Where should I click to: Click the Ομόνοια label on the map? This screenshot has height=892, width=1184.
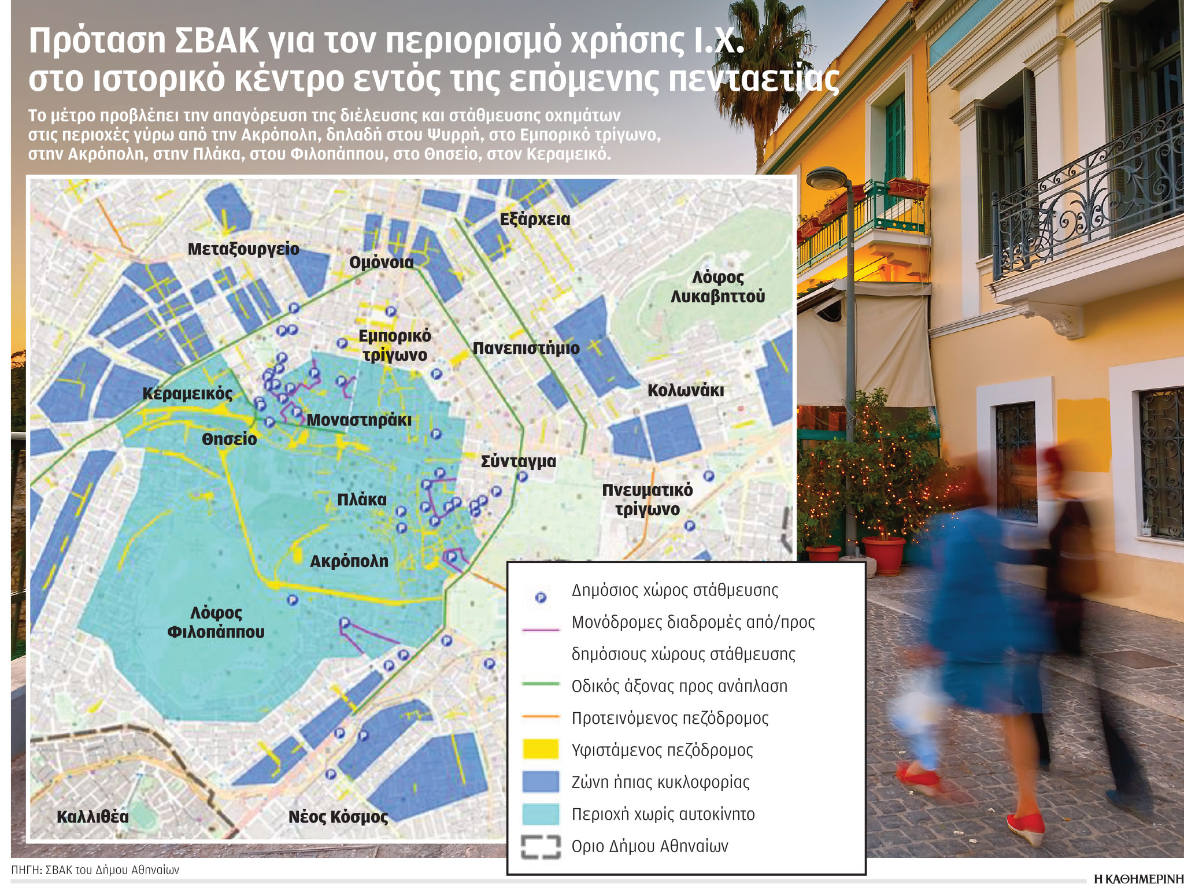coord(382,262)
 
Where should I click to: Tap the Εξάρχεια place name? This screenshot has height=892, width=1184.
coord(535,220)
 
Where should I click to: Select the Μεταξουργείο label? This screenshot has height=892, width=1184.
coord(243,249)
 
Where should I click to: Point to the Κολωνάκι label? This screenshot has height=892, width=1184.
coord(686,390)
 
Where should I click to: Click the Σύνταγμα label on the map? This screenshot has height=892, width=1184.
coord(519,461)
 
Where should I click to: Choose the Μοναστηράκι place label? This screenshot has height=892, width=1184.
coord(358,420)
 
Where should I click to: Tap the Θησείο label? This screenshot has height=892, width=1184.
coord(229,439)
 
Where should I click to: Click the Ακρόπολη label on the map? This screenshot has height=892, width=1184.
coord(349,561)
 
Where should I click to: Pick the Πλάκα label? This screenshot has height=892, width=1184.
coord(362,499)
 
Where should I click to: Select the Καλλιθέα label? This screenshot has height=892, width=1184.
coord(92,817)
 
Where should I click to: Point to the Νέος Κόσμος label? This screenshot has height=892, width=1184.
coord(338,817)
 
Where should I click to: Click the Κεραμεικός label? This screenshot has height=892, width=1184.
coord(187,394)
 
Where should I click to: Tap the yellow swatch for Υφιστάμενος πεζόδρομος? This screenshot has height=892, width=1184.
coord(541,750)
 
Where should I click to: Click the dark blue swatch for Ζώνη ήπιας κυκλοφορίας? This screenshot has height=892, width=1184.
coord(541,782)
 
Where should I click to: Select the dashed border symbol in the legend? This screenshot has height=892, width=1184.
coord(541,846)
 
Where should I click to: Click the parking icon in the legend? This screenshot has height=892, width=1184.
coord(541,598)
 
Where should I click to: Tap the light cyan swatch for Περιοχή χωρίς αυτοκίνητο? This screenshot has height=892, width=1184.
coord(541,814)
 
